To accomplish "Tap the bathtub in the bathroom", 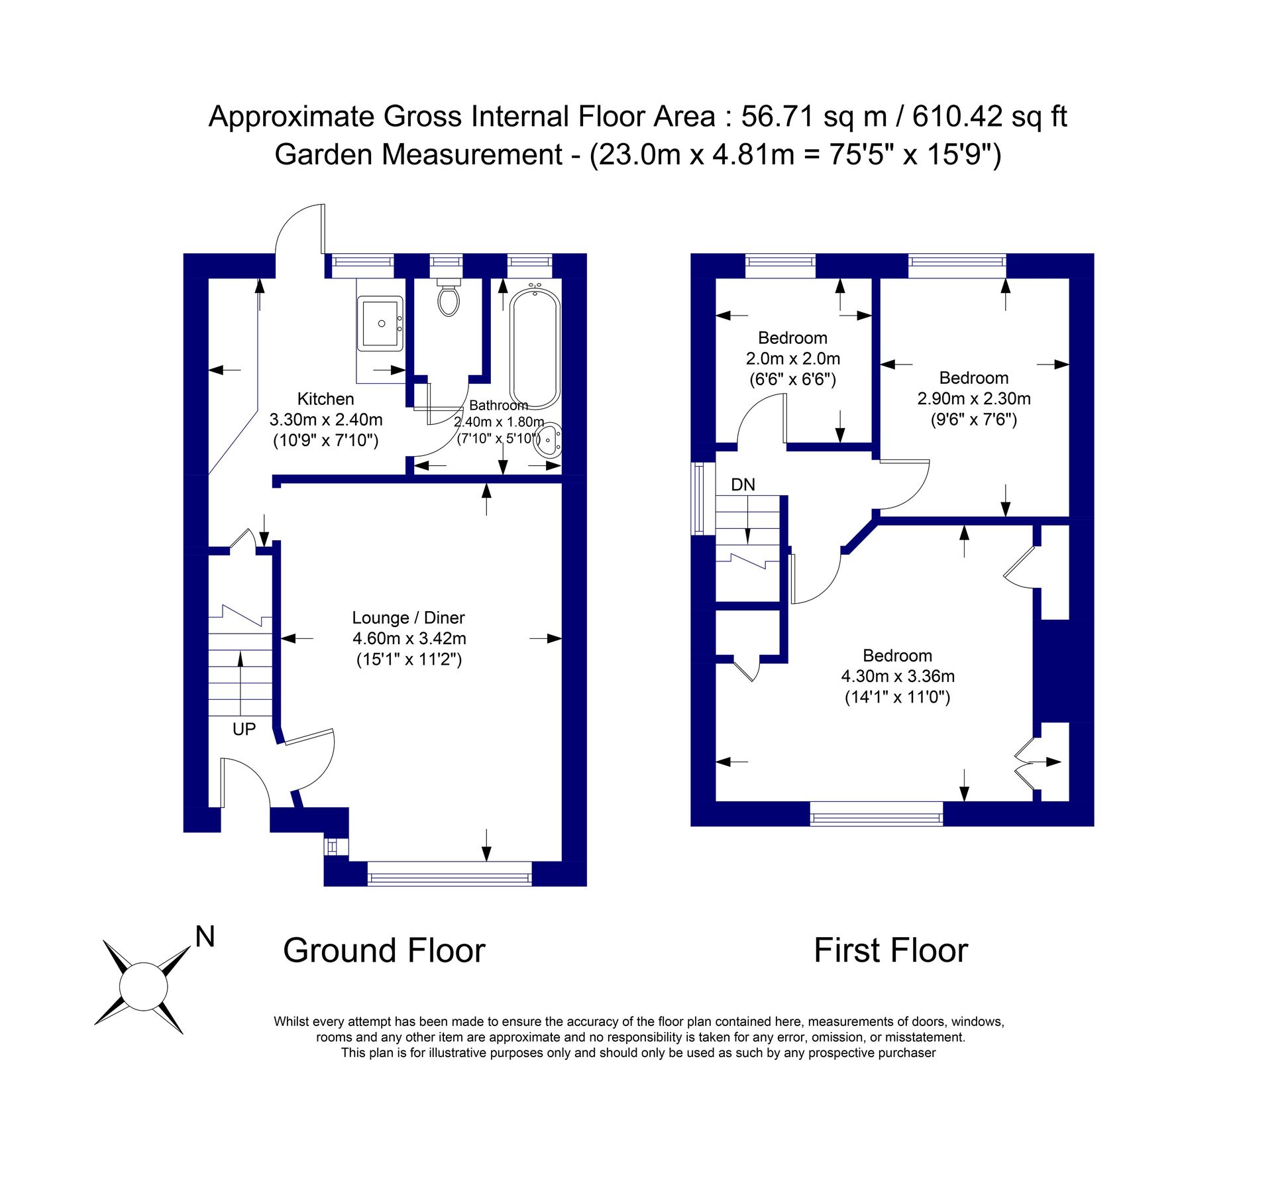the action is point(535,348).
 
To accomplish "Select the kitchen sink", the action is point(380,323).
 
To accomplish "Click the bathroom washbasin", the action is point(549,439).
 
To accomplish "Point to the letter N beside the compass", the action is point(205,937).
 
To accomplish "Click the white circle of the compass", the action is point(143,987).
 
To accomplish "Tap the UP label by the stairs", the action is point(244,729).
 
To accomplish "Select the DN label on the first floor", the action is point(743,484).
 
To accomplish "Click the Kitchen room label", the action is point(325,399).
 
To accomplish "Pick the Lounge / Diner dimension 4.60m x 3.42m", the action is point(409,638).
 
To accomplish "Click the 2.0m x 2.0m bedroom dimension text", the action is point(792,359).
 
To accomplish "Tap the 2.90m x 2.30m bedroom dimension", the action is point(973,398).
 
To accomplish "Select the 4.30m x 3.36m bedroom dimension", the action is point(897,676).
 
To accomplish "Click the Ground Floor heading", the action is point(384,950).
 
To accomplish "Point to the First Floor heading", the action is point(890,950).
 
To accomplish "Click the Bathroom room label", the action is point(498,405).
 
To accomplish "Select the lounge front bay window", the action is point(450,874).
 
